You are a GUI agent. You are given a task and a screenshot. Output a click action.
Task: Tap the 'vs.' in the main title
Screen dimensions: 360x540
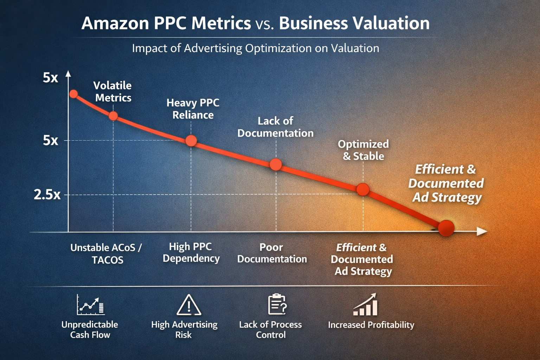pyautogui.click(x=264, y=24)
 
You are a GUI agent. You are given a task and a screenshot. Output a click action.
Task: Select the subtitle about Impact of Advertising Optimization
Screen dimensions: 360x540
pyautogui.click(x=256, y=48)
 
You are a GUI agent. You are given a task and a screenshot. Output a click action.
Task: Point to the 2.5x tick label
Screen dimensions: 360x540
pyautogui.click(x=47, y=194)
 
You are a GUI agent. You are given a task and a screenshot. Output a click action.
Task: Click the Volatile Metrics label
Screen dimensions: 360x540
pyautogui.click(x=113, y=91)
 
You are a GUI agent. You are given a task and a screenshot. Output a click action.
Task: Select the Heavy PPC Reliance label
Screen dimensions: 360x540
pyautogui.click(x=193, y=109)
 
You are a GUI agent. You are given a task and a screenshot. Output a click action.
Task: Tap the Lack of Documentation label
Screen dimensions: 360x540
pyautogui.click(x=275, y=127)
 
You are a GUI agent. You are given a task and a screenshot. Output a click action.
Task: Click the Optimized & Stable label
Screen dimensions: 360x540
pyautogui.click(x=363, y=150)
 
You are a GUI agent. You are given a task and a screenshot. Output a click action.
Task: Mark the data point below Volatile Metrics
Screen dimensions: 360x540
pyautogui.click(x=113, y=116)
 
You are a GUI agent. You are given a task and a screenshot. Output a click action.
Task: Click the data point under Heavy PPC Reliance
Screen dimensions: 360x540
pyautogui.click(x=191, y=141)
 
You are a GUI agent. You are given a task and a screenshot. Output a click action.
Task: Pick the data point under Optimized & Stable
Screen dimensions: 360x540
pyautogui.click(x=363, y=189)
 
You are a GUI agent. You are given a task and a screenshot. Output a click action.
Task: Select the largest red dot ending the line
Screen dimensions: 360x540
pyautogui.click(x=446, y=228)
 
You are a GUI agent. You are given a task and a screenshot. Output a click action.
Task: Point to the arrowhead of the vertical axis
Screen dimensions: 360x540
pyautogui.click(x=69, y=74)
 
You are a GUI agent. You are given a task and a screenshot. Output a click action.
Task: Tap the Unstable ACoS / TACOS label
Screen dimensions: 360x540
pyautogui.click(x=106, y=253)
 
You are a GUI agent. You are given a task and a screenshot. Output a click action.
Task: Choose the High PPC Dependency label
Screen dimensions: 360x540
pyautogui.click(x=191, y=252)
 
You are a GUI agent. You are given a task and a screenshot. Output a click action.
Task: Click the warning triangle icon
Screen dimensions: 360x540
pyautogui.click(x=189, y=305)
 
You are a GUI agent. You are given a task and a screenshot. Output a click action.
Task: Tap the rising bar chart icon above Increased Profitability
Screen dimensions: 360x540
pyautogui.click(x=366, y=305)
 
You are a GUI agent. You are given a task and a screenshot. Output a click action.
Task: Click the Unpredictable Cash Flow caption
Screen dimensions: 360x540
pyautogui.click(x=90, y=329)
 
